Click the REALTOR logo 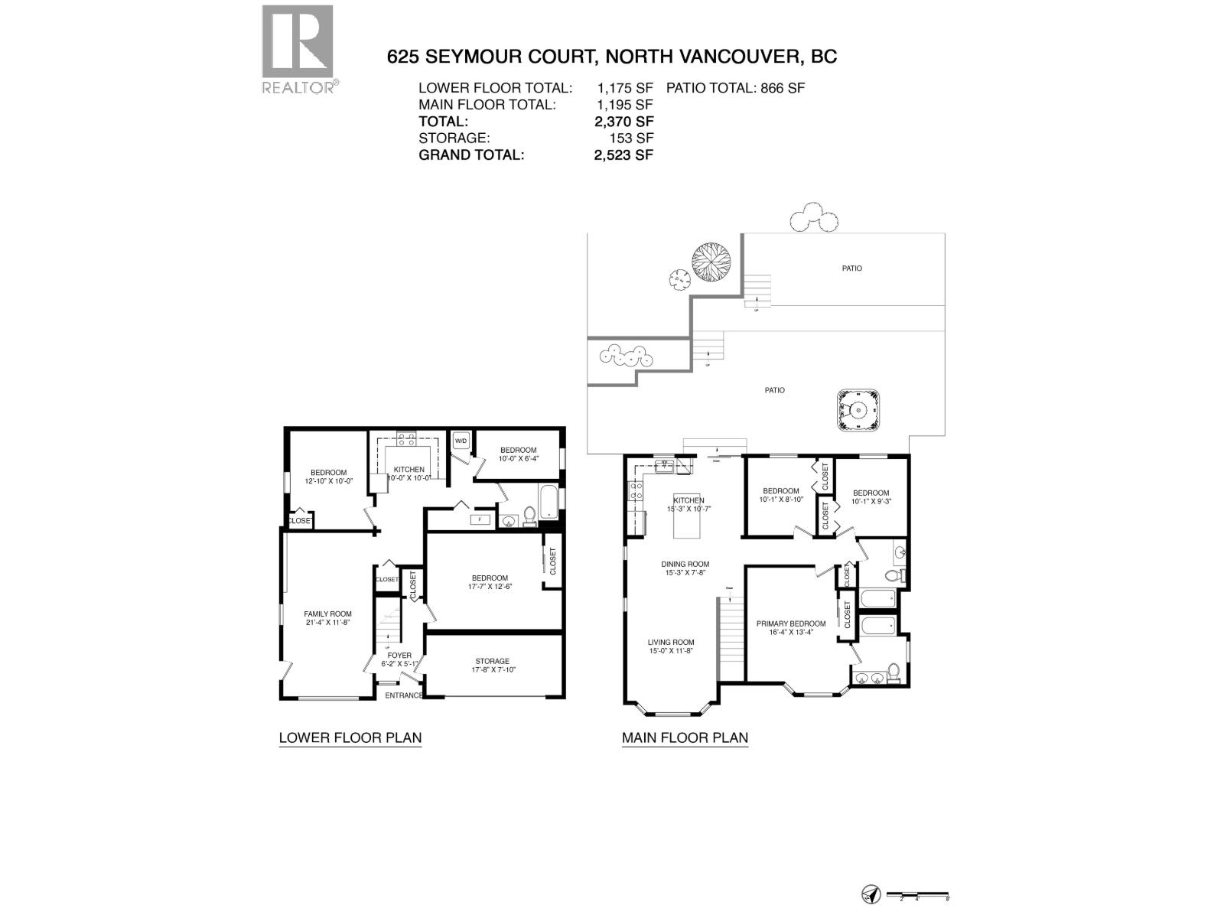pos(298,48)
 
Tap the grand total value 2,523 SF pos(618,155)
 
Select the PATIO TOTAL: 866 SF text pos(735,88)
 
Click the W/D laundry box pos(461,441)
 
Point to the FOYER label pos(399,656)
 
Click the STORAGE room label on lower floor pos(492,661)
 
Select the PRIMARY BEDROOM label pos(791,623)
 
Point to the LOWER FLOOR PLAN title pos(350,738)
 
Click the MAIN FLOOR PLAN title pos(685,738)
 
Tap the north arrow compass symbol pos(871,894)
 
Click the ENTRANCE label pos(403,695)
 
